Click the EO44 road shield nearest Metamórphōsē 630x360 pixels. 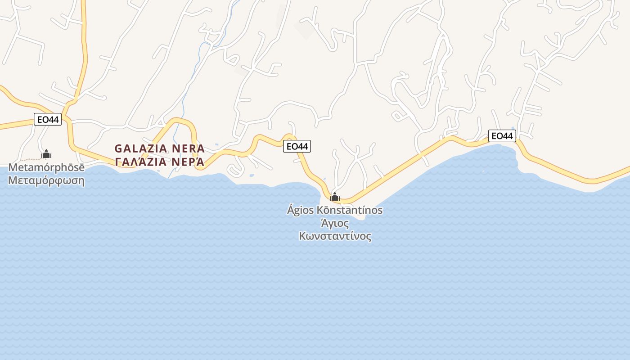pyautogui.click(x=48, y=120)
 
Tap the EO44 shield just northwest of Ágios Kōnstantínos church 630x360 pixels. pyautogui.click(x=297, y=146)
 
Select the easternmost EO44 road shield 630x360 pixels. pyautogui.click(x=502, y=136)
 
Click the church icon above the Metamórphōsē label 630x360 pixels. pyautogui.click(x=46, y=154)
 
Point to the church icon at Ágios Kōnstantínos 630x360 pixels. pyautogui.click(x=335, y=197)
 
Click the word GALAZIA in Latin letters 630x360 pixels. pyautogui.click(x=141, y=148)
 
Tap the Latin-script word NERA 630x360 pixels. pyautogui.click(x=189, y=148)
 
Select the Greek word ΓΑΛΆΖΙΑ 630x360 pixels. pyautogui.click(x=141, y=162)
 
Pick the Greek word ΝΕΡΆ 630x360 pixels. pyautogui.click(x=189, y=162)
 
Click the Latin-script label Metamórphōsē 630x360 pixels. pyautogui.click(x=46, y=168)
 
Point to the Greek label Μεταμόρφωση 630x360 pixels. pyautogui.click(x=46, y=181)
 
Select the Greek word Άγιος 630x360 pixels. pyautogui.click(x=334, y=223)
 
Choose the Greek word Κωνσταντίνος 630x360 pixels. pyautogui.click(x=335, y=236)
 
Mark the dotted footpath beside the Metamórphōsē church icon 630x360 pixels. pyautogui.click(x=31, y=159)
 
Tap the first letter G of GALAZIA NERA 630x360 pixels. pyautogui.click(x=118, y=148)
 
